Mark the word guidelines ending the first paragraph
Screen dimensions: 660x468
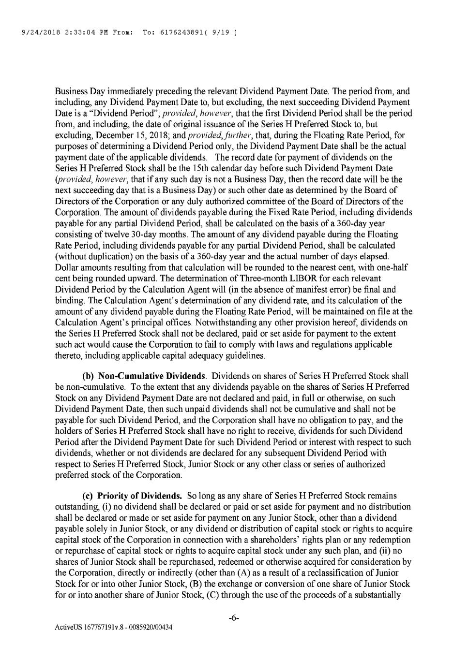point(243,356)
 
